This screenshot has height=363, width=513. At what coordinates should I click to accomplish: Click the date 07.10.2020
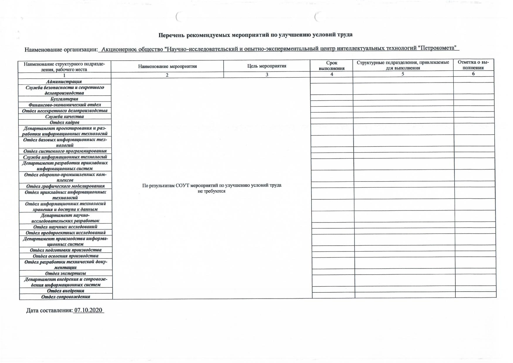point(89,310)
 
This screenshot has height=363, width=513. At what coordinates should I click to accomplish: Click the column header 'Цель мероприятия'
point(266,66)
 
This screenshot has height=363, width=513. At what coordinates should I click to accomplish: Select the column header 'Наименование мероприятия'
point(167,66)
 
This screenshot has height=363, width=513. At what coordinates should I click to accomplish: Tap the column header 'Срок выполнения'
point(331,66)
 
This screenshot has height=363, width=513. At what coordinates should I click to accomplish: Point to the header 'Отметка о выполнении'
point(473,65)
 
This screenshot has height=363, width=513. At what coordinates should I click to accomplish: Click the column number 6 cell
point(473,74)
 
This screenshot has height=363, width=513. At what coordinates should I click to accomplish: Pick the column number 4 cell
point(332,74)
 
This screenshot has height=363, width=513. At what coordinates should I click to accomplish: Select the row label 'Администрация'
point(64,82)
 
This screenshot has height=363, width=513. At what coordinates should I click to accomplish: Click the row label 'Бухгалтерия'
point(64,99)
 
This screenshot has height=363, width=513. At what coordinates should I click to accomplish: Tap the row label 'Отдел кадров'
point(64,122)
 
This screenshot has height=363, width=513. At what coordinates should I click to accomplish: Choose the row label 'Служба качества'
point(64,117)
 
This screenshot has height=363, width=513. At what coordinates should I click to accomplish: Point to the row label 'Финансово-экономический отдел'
point(65,105)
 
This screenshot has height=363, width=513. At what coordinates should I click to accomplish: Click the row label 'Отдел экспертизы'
point(66,273)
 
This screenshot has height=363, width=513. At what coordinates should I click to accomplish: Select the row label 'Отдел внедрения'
point(66,291)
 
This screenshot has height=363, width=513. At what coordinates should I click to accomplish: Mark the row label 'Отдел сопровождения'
point(66,297)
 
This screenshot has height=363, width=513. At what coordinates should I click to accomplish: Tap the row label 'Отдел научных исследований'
point(65,227)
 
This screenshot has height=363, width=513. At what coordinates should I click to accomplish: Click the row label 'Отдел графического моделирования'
point(65,186)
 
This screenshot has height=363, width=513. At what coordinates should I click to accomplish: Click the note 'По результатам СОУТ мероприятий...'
point(212,188)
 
